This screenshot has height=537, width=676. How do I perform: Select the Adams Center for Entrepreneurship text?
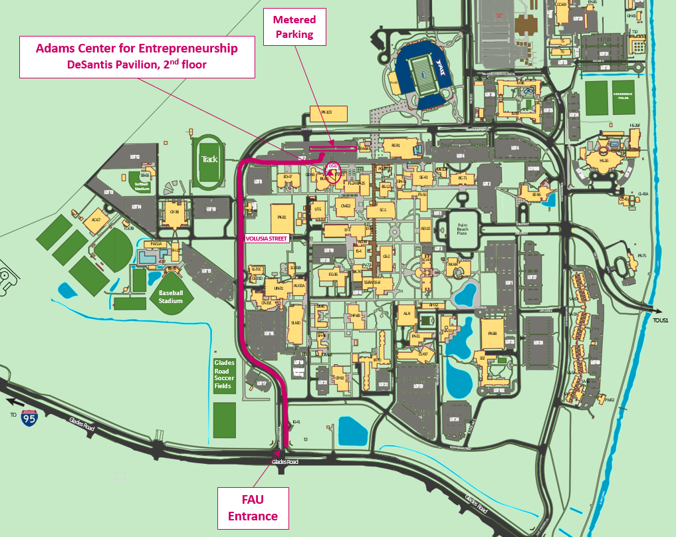136,49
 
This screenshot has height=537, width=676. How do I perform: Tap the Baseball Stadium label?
170,296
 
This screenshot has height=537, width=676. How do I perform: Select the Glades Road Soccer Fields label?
225,375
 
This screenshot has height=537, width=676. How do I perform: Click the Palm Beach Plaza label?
463,229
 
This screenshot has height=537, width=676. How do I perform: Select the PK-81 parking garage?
281,217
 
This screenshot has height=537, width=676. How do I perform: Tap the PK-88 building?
493,334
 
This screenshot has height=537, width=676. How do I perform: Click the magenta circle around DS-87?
332,171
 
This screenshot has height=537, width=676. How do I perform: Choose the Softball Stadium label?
141,185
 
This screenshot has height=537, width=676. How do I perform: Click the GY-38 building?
174,213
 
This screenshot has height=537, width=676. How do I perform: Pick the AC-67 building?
96,220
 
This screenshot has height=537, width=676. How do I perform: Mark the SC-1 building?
382,210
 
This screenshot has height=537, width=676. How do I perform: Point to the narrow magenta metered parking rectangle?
333,148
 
